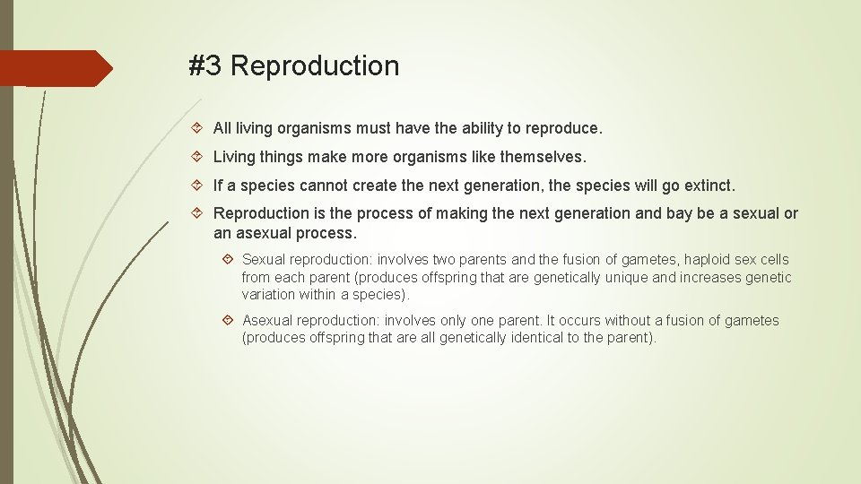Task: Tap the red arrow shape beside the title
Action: [x=56, y=68]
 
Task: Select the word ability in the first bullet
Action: [x=479, y=129]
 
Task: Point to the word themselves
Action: [x=542, y=157]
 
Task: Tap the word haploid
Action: [x=710, y=260]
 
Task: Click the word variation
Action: [x=270, y=295]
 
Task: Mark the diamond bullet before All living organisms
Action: [x=198, y=129]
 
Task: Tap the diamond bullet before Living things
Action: [x=198, y=157]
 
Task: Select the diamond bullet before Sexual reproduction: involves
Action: [x=228, y=260]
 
